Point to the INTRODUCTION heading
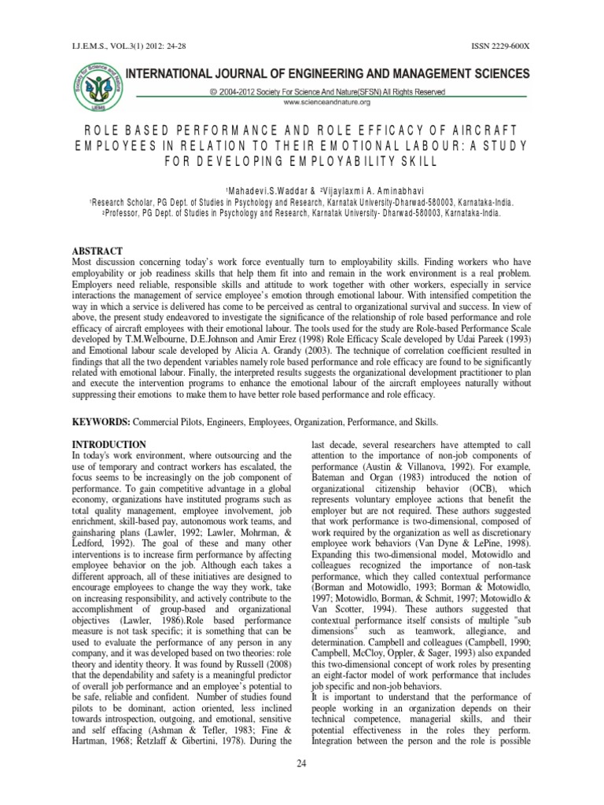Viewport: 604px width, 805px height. (109, 445)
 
